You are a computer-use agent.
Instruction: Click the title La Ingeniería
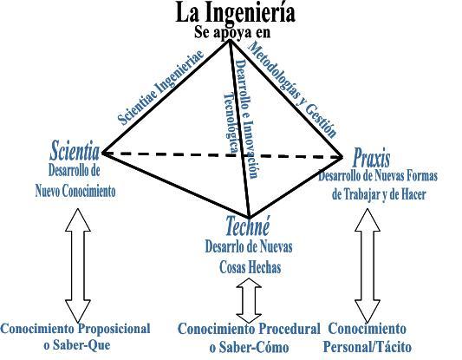coord(235,13)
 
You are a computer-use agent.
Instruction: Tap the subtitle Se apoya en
coord(232,32)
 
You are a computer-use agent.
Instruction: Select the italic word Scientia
coord(75,151)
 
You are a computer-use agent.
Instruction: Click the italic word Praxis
coord(371,158)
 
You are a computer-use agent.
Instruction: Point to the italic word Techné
coord(248,226)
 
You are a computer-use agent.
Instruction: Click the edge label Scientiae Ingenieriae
coord(160,88)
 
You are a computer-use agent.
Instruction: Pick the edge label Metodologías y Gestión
coord(292,89)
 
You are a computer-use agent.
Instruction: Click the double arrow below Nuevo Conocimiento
coord(78,265)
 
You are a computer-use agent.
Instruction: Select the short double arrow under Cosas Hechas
coord(249,300)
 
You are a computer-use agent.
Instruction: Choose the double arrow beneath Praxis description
coord(368,265)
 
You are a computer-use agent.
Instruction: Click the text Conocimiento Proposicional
coord(75,329)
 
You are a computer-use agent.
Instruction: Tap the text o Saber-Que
coord(77,345)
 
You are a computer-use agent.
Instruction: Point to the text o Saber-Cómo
coord(249,347)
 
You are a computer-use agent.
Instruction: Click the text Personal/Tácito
coord(368,347)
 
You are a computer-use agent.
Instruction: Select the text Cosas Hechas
coord(251,267)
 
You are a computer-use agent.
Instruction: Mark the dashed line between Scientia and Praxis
coord(222,155)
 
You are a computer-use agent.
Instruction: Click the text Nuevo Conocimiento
coord(75,191)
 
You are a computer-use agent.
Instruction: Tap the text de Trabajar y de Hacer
coord(379,194)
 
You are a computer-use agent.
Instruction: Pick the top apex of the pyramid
coord(229,40)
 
